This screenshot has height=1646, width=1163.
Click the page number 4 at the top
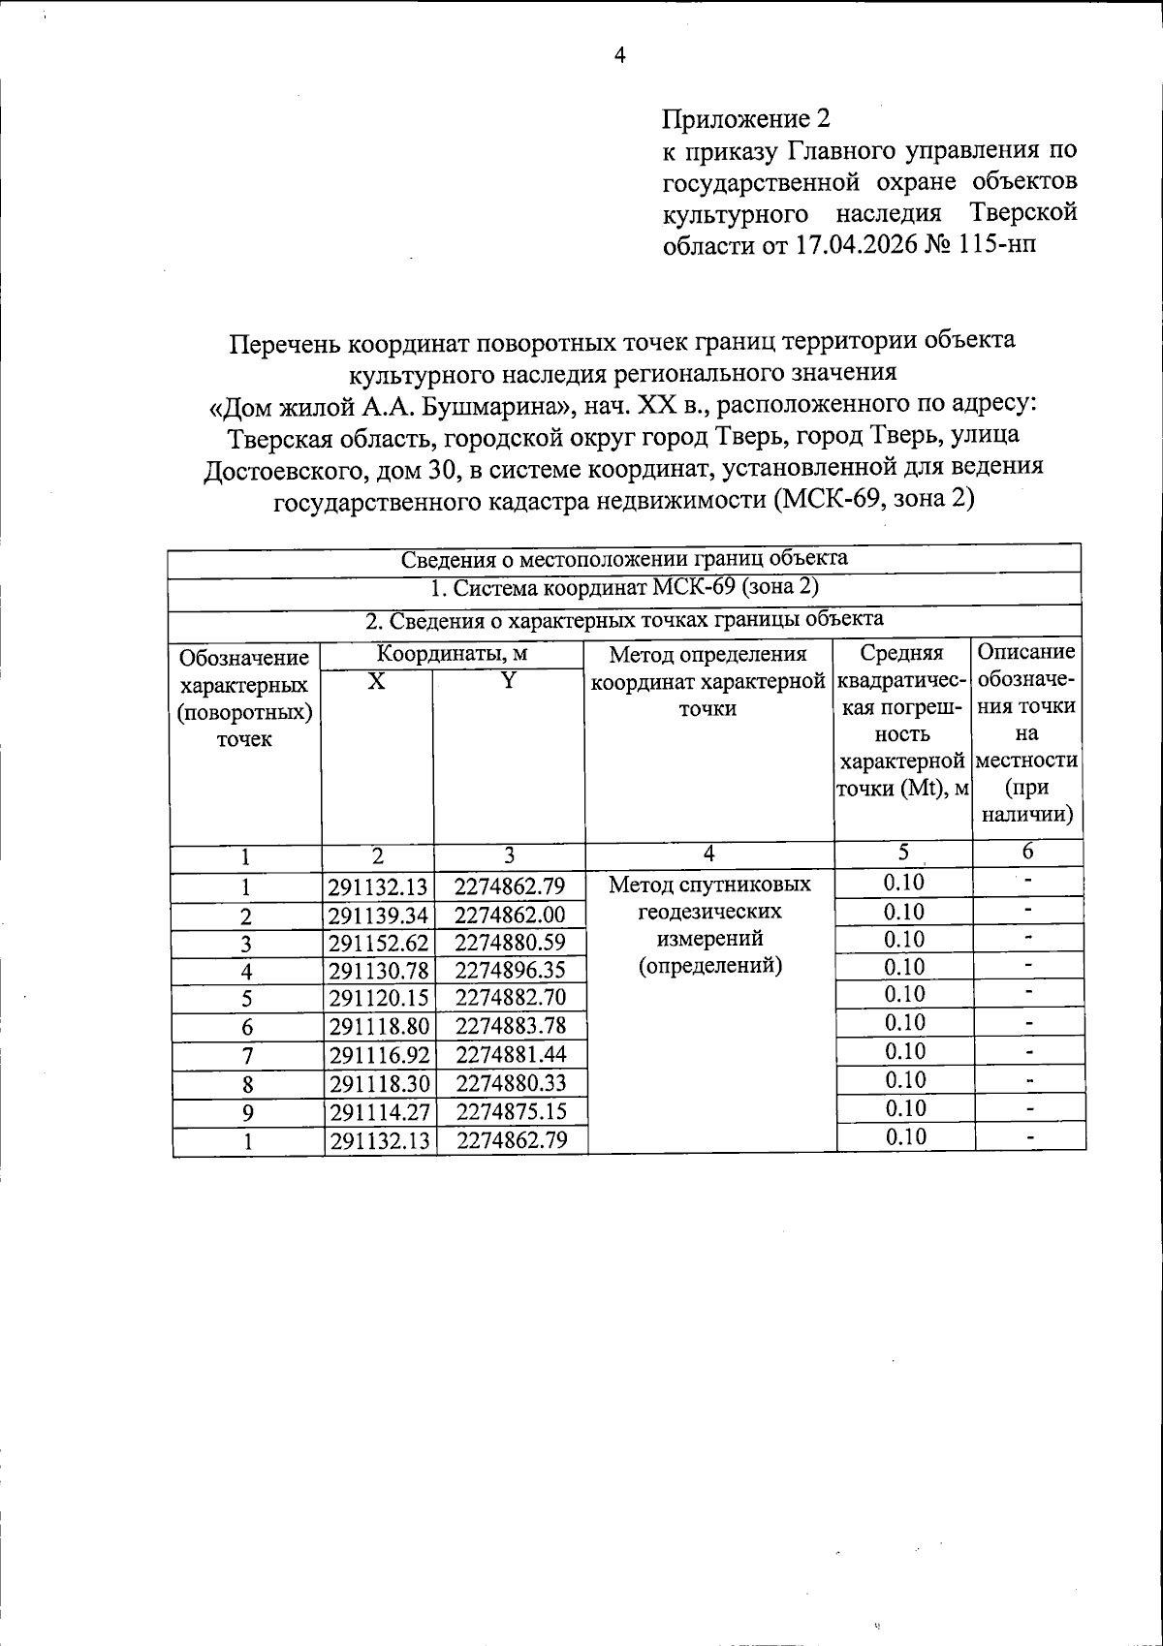[x=620, y=55]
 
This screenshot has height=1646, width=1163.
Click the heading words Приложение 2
[x=746, y=119]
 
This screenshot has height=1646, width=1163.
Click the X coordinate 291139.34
[x=379, y=916]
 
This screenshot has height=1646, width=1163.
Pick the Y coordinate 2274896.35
[x=510, y=970]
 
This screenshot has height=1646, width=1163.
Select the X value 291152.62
[x=379, y=943]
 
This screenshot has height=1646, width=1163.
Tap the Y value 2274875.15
[x=510, y=1111]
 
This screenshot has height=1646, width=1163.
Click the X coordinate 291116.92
[x=379, y=1055]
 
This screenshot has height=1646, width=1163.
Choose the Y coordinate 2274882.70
[x=510, y=997]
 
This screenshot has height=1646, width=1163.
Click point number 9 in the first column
[x=247, y=1112]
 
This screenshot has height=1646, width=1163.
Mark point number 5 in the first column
[x=247, y=998]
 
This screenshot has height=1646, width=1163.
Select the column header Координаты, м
[x=453, y=654]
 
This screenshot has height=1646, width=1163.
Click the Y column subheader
[x=508, y=681]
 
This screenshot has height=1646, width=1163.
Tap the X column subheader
[x=377, y=681]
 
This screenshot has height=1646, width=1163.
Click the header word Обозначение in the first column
[x=244, y=659]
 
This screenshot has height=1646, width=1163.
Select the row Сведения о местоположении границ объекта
[x=625, y=559]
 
